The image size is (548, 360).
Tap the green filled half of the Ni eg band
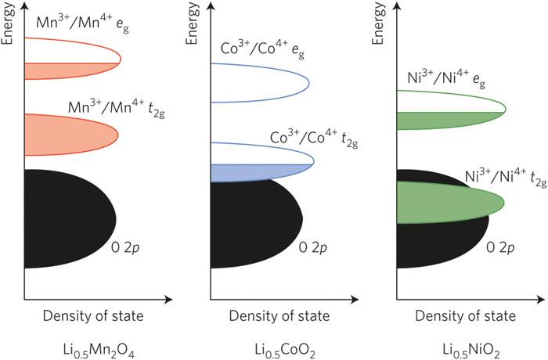pyautogui.click(x=450, y=121)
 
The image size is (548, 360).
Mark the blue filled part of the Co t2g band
pyautogui.click(x=258, y=171)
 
